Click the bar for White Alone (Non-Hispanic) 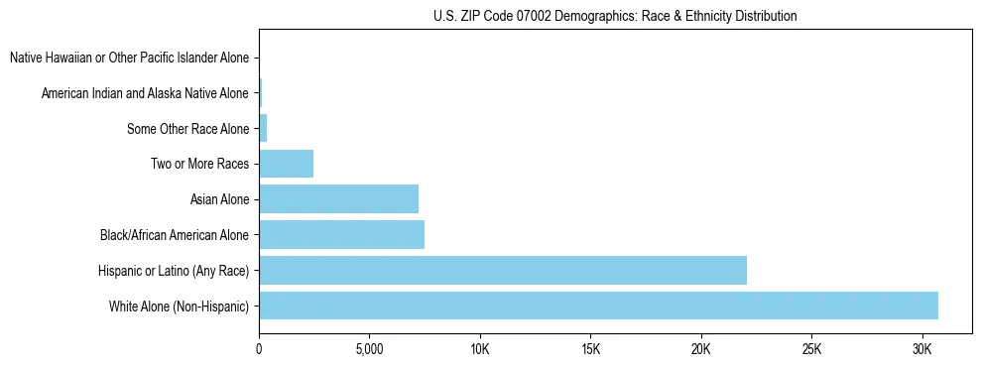tap(598, 306)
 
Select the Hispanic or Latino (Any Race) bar tap(503, 270)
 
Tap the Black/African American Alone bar tap(341, 234)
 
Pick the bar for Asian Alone tap(338, 199)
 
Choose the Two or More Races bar tap(286, 164)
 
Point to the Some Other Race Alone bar tap(263, 128)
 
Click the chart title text tap(615, 17)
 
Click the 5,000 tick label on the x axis tap(369, 349)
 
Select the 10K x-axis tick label tap(480, 349)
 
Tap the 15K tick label tap(590, 349)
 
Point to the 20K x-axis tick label tap(701, 349)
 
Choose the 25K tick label tap(811, 349)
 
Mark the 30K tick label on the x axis tap(922, 349)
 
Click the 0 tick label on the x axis tap(259, 349)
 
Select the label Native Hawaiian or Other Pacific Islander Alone tap(129, 58)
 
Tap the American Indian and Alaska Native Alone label tap(145, 93)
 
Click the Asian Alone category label tap(219, 199)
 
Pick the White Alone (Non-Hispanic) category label tap(179, 306)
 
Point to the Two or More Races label tap(199, 164)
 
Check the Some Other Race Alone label tap(187, 128)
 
